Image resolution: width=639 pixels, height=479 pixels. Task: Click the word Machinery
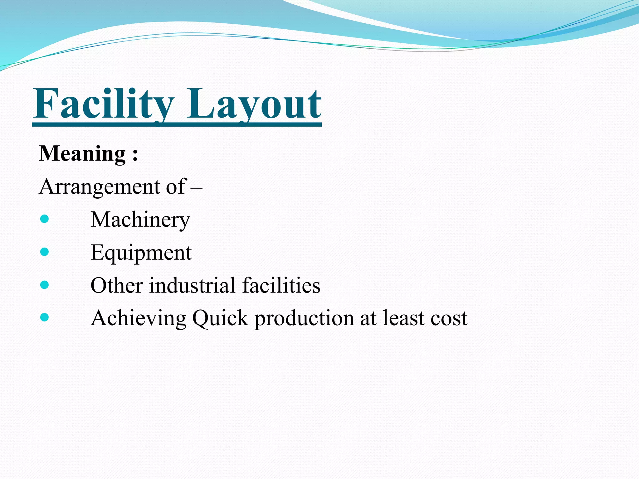[x=140, y=220]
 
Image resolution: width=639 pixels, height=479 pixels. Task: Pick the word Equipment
[x=141, y=253]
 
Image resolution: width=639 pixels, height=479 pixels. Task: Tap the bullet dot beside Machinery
[x=45, y=219]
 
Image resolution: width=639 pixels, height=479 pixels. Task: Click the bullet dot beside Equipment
[x=45, y=252]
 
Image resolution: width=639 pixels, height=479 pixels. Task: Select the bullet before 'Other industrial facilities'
[x=45, y=285]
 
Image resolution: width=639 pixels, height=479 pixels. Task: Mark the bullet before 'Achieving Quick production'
[x=45, y=317]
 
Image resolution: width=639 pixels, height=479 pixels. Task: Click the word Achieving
[x=139, y=318]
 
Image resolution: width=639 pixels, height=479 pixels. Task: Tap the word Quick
[x=220, y=318]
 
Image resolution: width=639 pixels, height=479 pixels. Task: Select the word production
[x=304, y=318]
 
